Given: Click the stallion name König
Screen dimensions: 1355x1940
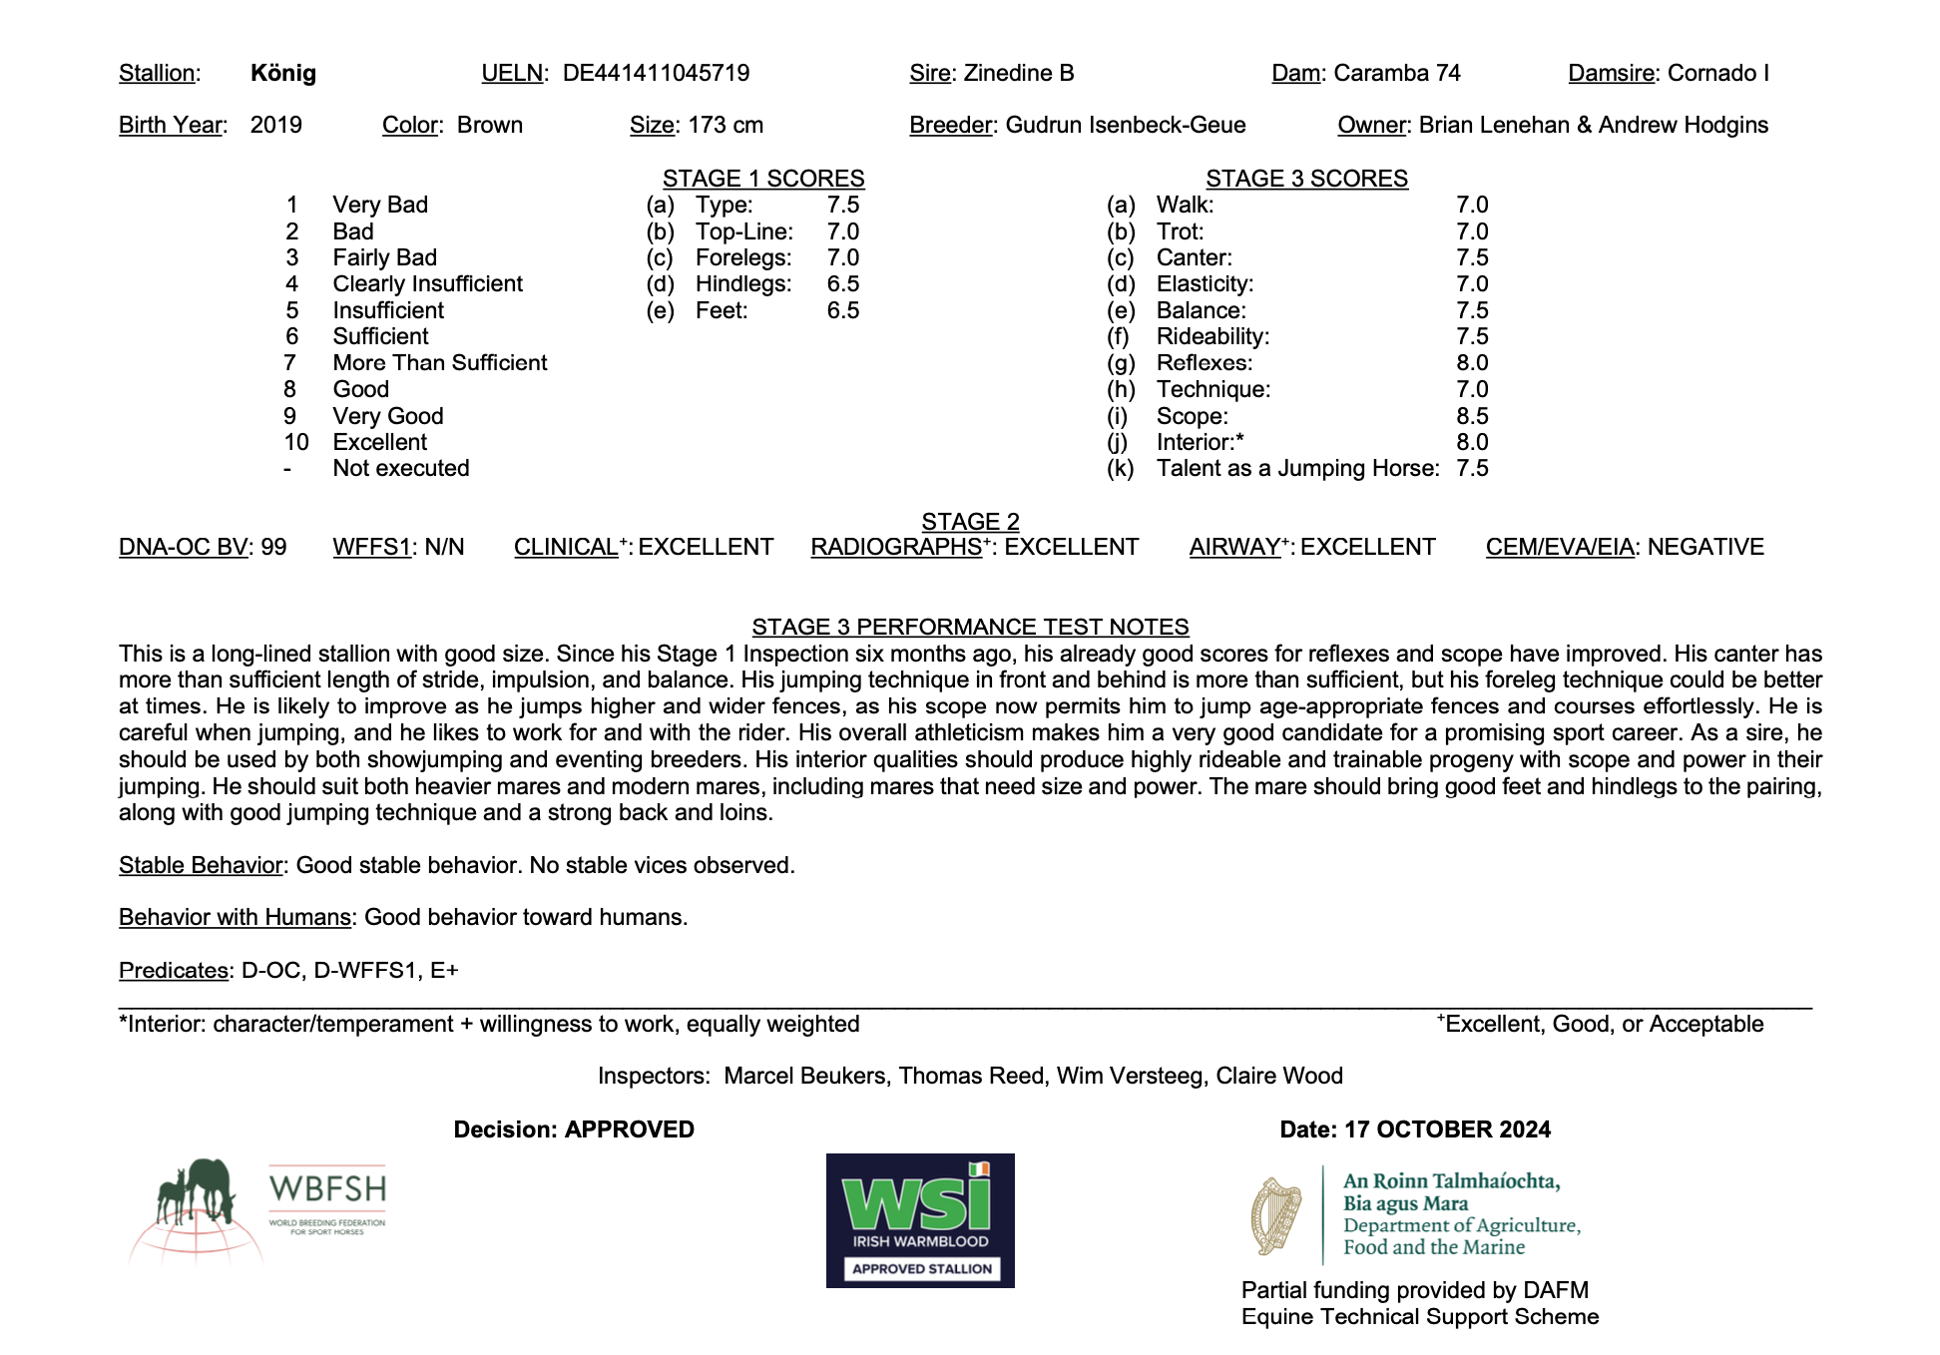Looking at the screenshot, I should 283,73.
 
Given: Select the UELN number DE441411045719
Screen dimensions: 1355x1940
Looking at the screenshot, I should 656,73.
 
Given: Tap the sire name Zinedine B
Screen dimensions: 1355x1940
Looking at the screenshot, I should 1019,73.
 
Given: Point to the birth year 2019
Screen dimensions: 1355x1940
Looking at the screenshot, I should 275,125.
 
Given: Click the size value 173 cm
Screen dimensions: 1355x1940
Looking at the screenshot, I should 726,125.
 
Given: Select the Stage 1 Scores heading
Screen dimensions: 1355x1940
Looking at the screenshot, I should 763,179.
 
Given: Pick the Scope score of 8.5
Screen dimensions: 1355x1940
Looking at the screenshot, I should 1472,416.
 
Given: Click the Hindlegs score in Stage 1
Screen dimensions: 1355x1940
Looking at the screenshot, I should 842,283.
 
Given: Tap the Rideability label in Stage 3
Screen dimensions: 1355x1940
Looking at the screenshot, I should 1212,336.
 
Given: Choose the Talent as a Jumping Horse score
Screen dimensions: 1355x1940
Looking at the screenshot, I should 1472,468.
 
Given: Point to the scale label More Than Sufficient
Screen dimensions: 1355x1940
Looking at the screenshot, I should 440,362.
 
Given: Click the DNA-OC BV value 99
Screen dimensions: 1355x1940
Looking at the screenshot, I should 273,547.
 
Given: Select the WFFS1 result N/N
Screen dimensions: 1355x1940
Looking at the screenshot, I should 444,547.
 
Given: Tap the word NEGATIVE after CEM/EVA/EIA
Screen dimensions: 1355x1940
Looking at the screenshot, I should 1705,547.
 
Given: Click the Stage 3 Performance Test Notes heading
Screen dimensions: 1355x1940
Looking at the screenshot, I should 970,627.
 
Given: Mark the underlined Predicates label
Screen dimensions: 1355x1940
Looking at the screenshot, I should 174,970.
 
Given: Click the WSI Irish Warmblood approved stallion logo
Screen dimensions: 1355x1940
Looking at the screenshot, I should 920,1220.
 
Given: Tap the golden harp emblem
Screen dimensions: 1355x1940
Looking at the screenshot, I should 1276,1216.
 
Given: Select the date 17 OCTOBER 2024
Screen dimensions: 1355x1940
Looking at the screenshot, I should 1447,1129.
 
